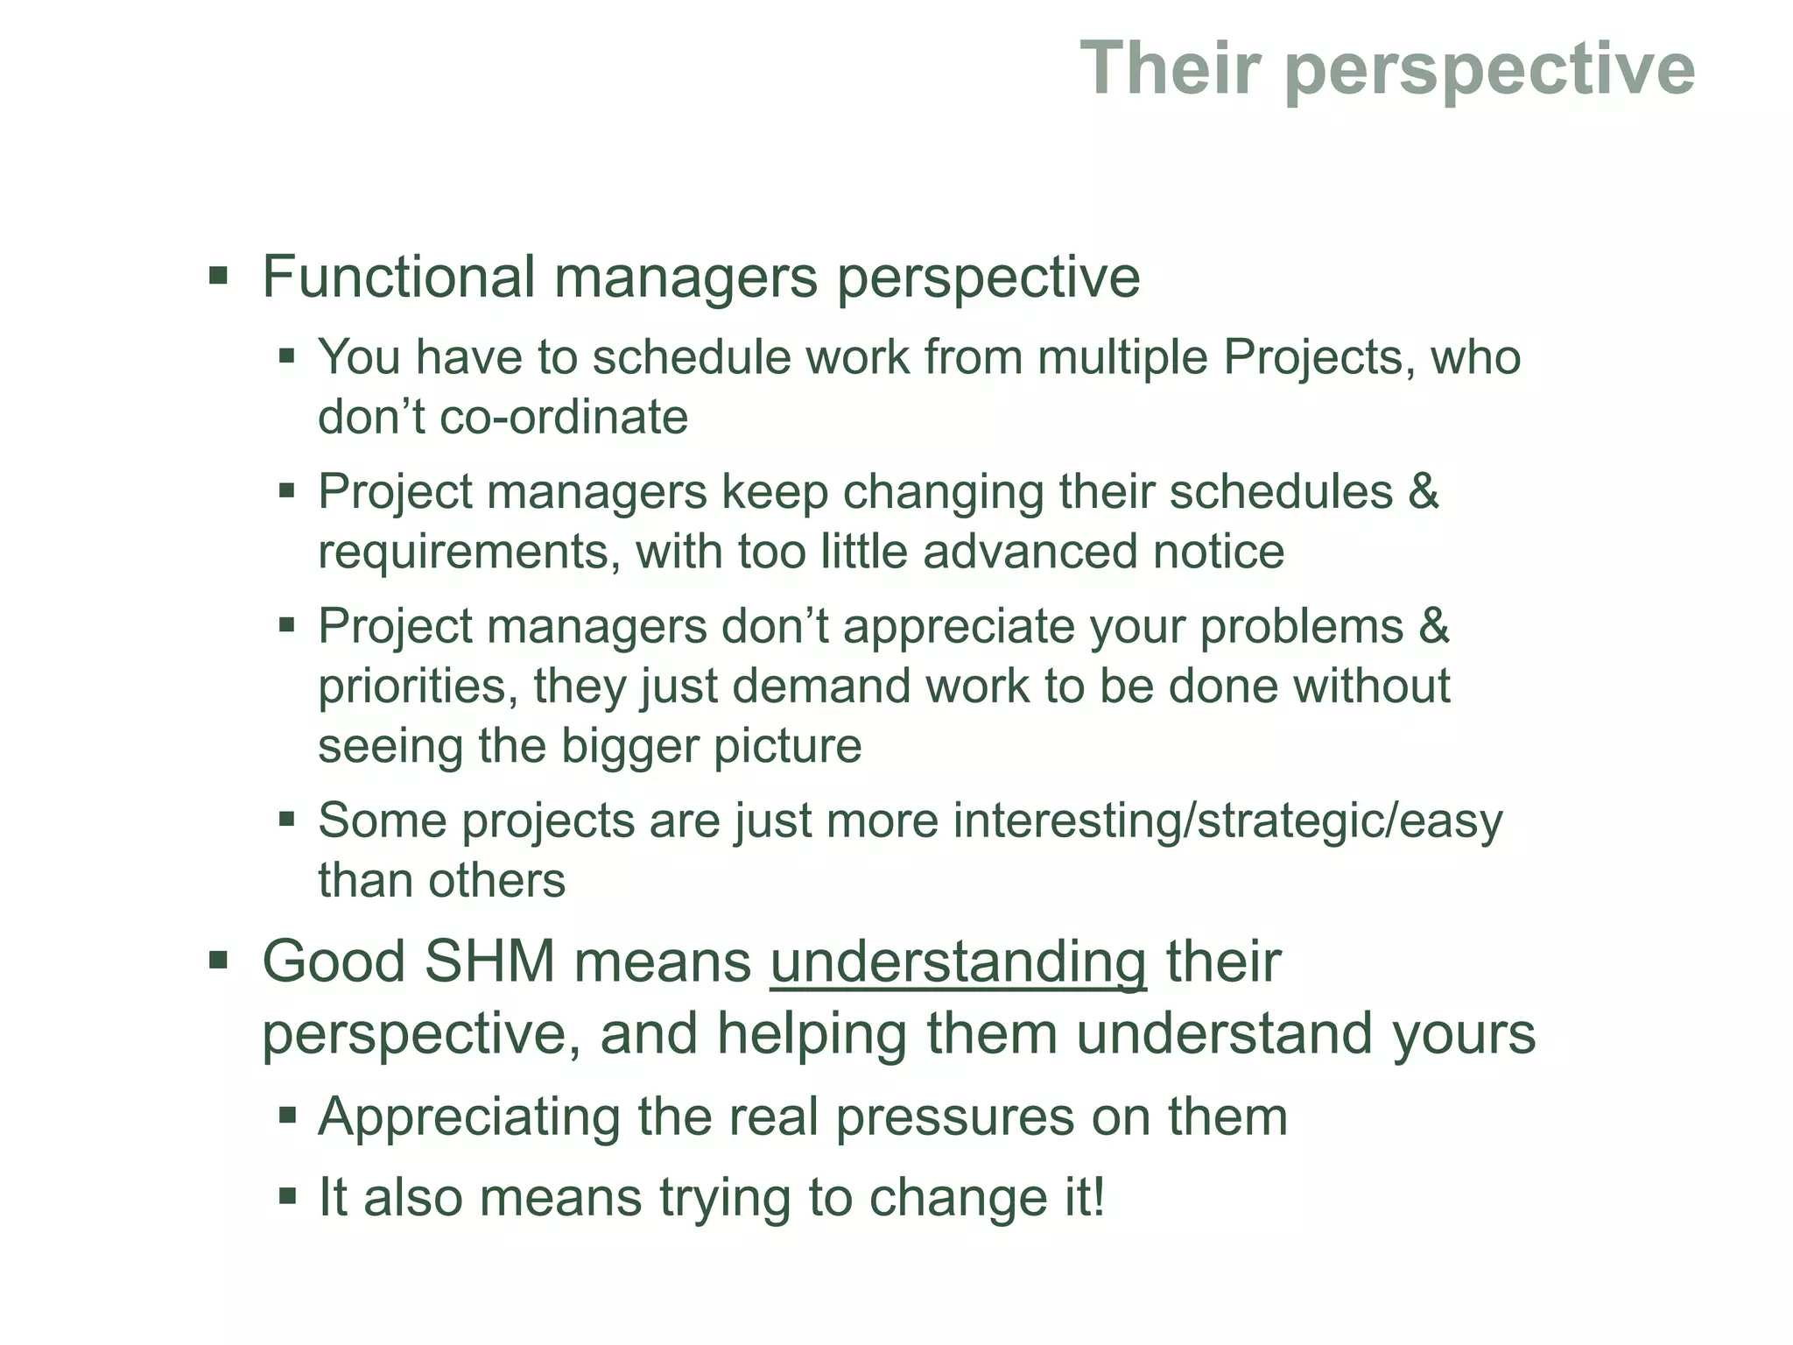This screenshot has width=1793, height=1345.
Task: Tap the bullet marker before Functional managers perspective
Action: click(x=218, y=278)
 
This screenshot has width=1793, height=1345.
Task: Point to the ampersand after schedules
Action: click(x=1424, y=491)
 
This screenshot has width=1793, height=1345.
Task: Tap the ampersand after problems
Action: click(x=1434, y=626)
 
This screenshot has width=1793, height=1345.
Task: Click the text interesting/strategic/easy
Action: click(x=1227, y=821)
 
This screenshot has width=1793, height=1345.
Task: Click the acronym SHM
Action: click(x=490, y=961)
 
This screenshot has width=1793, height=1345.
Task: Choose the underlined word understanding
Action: click(x=958, y=961)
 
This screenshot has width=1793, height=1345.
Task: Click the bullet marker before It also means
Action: click(x=287, y=1195)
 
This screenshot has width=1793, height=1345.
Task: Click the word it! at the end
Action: click(x=1074, y=1197)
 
